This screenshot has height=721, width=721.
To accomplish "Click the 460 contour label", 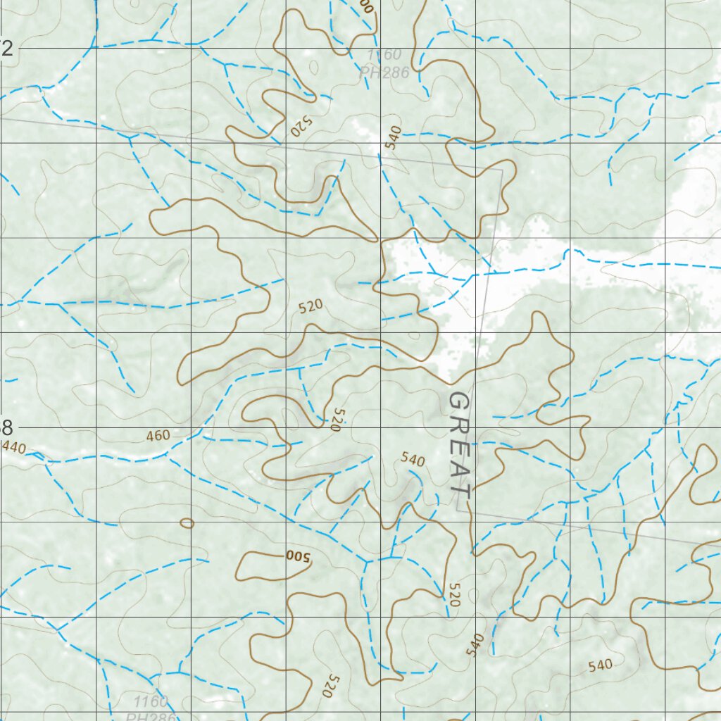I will [x=158, y=436].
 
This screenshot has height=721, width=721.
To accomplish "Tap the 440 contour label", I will [x=13, y=447].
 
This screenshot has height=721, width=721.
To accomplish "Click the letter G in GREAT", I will [x=458, y=404].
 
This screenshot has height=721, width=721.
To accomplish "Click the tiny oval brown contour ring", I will [x=187, y=523].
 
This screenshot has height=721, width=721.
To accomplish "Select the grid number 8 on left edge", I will [x=7, y=427].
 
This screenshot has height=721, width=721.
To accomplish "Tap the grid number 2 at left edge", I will [x=7, y=49].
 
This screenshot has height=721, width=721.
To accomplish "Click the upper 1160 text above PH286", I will [x=384, y=55].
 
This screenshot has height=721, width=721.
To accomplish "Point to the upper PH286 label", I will [x=384, y=70].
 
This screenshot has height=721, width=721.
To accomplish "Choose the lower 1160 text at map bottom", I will [x=150, y=701].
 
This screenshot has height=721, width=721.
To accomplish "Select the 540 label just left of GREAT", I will [x=413, y=460].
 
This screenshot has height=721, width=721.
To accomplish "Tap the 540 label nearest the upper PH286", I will [x=393, y=137].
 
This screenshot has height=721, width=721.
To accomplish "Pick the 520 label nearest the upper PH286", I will [x=300, y=127].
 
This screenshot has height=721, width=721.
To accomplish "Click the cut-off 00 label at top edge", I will [x=365, y=6].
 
